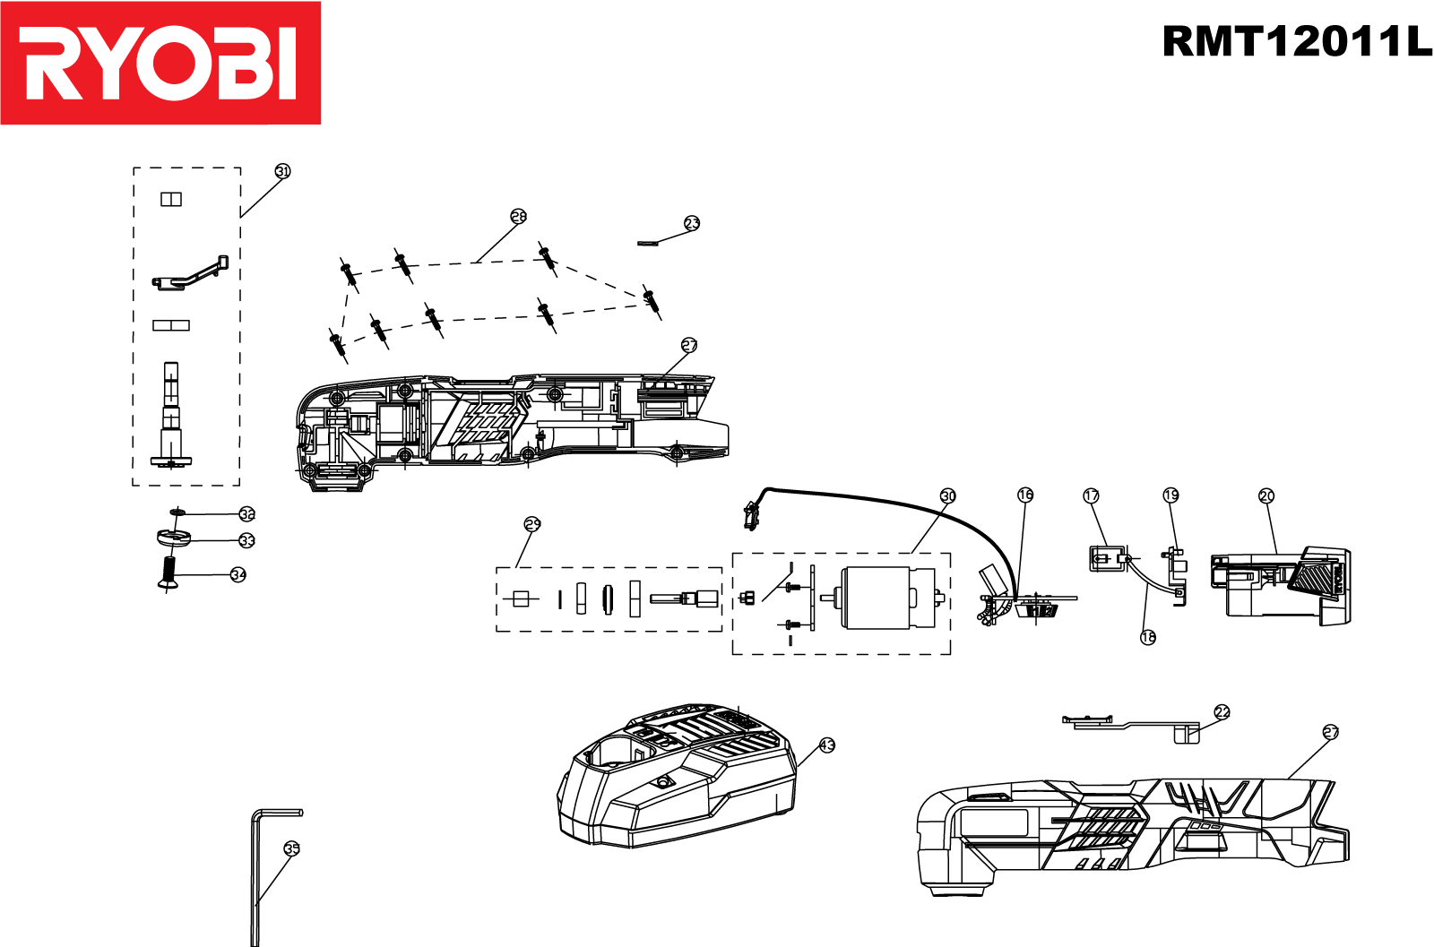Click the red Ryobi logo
160,63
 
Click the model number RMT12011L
1296,41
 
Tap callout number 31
282,171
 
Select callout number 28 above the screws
519,216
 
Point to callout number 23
692,223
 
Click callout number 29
532,524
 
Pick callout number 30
948,495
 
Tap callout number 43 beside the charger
827,745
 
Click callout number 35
291,848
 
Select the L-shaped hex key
255,878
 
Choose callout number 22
1222,712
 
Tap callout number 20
1266,495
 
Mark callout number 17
1091,495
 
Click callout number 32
247,514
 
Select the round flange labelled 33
173,539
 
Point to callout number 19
1171,495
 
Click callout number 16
1025,495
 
